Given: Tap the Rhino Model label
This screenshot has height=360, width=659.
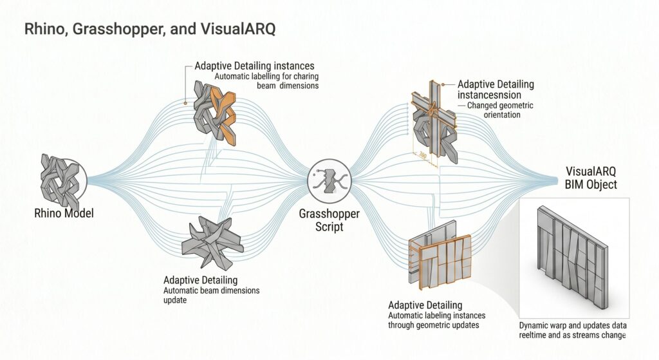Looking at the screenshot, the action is click(64, 213).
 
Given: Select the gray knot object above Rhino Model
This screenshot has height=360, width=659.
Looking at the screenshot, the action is click(60, 177).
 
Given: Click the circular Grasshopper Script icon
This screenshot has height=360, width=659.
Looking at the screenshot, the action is click(329, 181).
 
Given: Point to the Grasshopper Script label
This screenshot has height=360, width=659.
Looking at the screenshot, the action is click(329, 220).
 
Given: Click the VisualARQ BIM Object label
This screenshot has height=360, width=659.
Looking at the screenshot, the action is click(591, 178).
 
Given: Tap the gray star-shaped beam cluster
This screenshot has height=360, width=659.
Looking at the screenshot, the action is click(212, 243).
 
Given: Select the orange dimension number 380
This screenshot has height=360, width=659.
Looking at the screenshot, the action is click(422, 156).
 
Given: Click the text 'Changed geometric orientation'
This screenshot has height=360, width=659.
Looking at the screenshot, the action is click(500, 110).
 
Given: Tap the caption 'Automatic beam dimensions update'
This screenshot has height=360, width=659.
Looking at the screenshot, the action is click(211, 295).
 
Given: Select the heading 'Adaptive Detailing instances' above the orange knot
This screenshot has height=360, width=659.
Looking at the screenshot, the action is click(254, 66).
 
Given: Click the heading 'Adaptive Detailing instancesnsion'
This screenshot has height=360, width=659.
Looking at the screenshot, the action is click(496, 90).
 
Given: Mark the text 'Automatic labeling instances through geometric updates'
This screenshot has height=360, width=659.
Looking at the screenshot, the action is click(437, 320).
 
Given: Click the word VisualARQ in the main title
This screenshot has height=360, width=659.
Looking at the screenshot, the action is click(238, 29).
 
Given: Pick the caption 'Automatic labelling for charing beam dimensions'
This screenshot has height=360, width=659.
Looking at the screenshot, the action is click(266, 81).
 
